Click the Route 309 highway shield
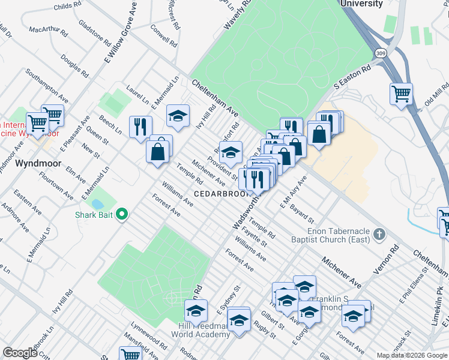click(x=381, y=53)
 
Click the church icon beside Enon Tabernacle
click(x=379, y=233)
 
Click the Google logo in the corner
click(x=20, y=353)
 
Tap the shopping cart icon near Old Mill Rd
click(x=400, y=94)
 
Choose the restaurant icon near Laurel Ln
click(x=140, y=127)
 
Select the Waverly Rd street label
click(x=237, y=16)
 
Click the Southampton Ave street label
click(x=46, y=85)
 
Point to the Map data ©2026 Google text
click(x=412, y=355)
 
